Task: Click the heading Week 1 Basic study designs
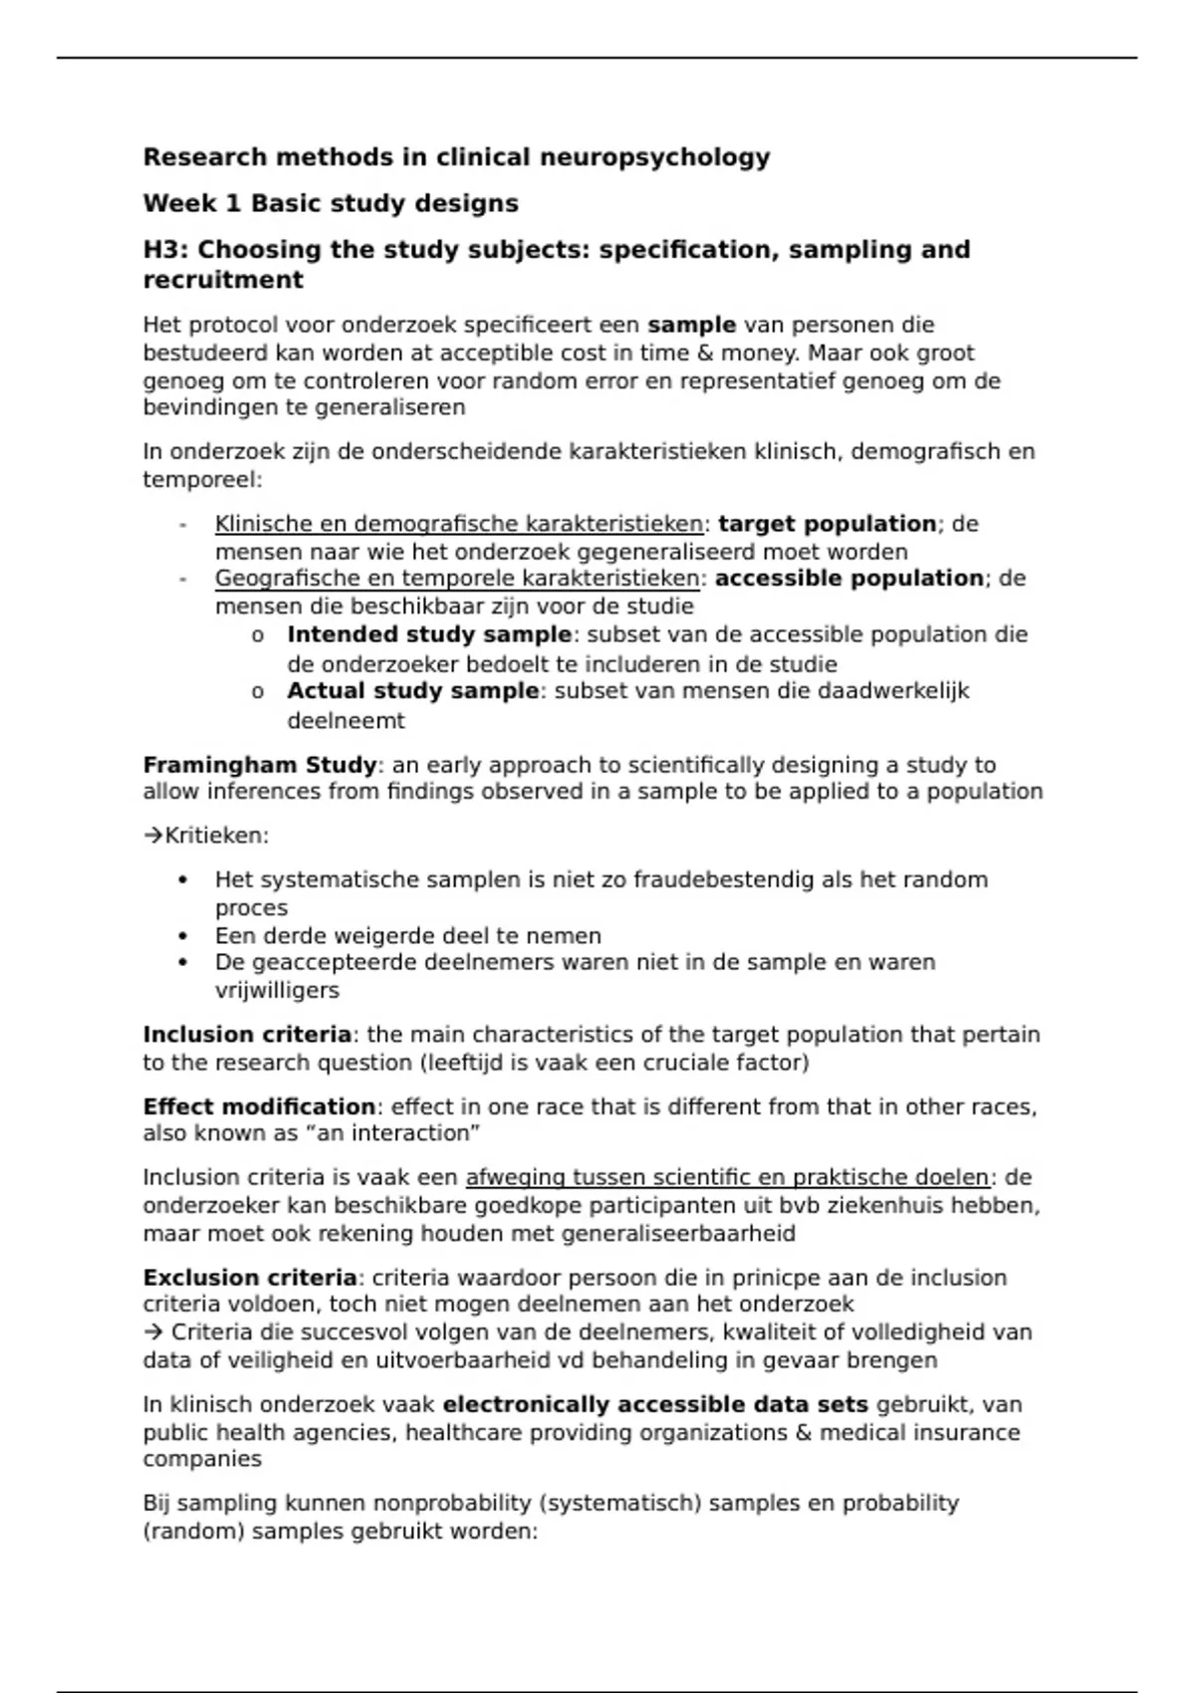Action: [x=331, y=203]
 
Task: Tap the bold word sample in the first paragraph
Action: [x=691, y=325]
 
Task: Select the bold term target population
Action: [x=827, y=524]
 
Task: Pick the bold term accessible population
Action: [x=849, y=579]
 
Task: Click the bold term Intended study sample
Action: [x=429, y=634]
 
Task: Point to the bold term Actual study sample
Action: [x=412, y=691]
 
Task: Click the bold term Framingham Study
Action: [x=260, y=765]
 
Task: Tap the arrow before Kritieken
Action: [x=153, y=836]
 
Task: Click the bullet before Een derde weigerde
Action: [x=182, y=936]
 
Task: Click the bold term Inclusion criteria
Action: [x=247, y=1035]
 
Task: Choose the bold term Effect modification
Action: [x=259, y=1106]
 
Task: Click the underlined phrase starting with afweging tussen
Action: [x=727, y=1177]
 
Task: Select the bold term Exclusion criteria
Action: [x=250, y=1278]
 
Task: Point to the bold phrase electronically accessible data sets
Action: [x=655, y=1405]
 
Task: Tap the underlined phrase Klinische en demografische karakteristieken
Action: [x=459, y=524]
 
